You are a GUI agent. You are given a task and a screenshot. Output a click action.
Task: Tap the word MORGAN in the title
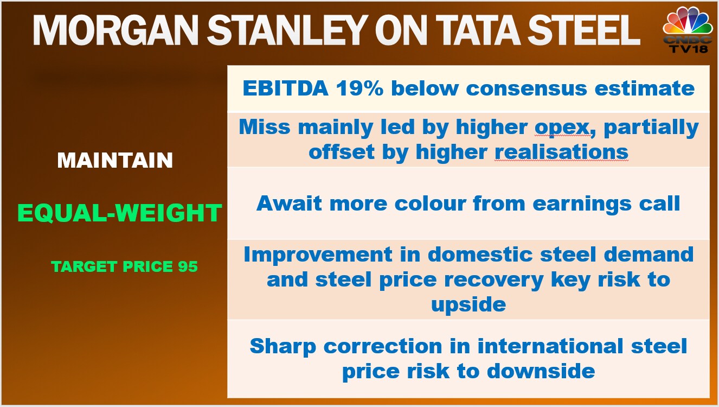tap(115, 30)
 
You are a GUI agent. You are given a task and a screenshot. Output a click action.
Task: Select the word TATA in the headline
tap(478, 30)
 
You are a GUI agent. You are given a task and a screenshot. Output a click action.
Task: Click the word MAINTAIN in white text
tap(115, 160)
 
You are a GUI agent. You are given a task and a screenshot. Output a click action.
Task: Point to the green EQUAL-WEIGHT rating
tap(119, 213)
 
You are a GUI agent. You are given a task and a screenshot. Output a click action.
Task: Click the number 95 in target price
tap(188, 266)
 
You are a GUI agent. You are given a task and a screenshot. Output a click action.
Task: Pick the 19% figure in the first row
tap(360, 88)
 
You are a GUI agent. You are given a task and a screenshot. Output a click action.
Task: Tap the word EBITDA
tap(286, 88)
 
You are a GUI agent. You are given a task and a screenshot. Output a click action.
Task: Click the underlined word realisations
tap(561, 151)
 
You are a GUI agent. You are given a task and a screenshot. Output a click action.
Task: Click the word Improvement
tap(318, 255)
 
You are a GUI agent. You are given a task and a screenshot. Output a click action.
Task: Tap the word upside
tap(468, 305)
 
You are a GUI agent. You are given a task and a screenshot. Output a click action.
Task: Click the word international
tap(550, 346)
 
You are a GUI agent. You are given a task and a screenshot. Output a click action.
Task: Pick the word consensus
tap(527, 88)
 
